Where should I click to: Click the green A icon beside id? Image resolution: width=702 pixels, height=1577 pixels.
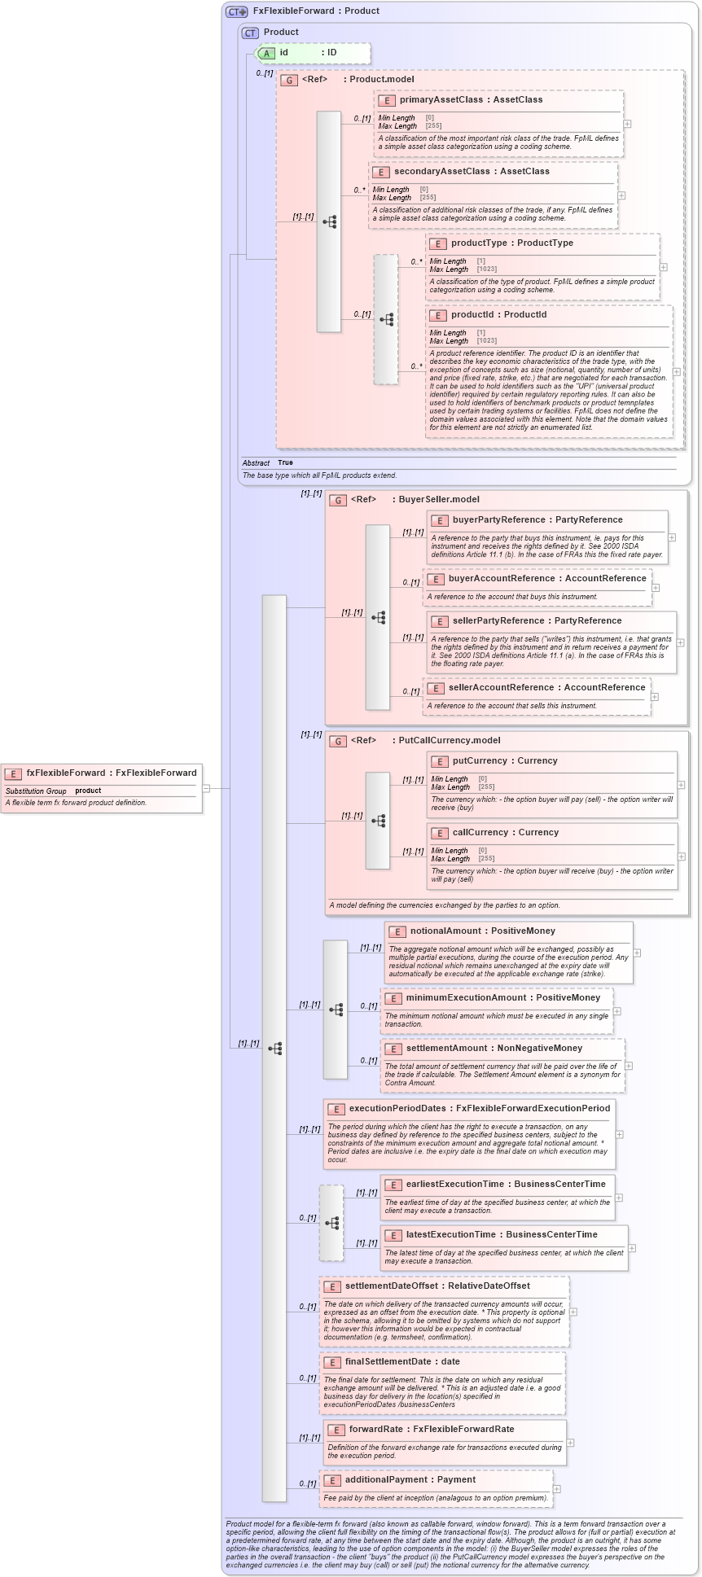pos(266,53)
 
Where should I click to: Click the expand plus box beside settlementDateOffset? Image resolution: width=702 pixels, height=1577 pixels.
pos(573,1312)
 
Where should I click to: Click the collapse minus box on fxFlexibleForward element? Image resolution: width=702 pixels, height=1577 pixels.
pos(207,788)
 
